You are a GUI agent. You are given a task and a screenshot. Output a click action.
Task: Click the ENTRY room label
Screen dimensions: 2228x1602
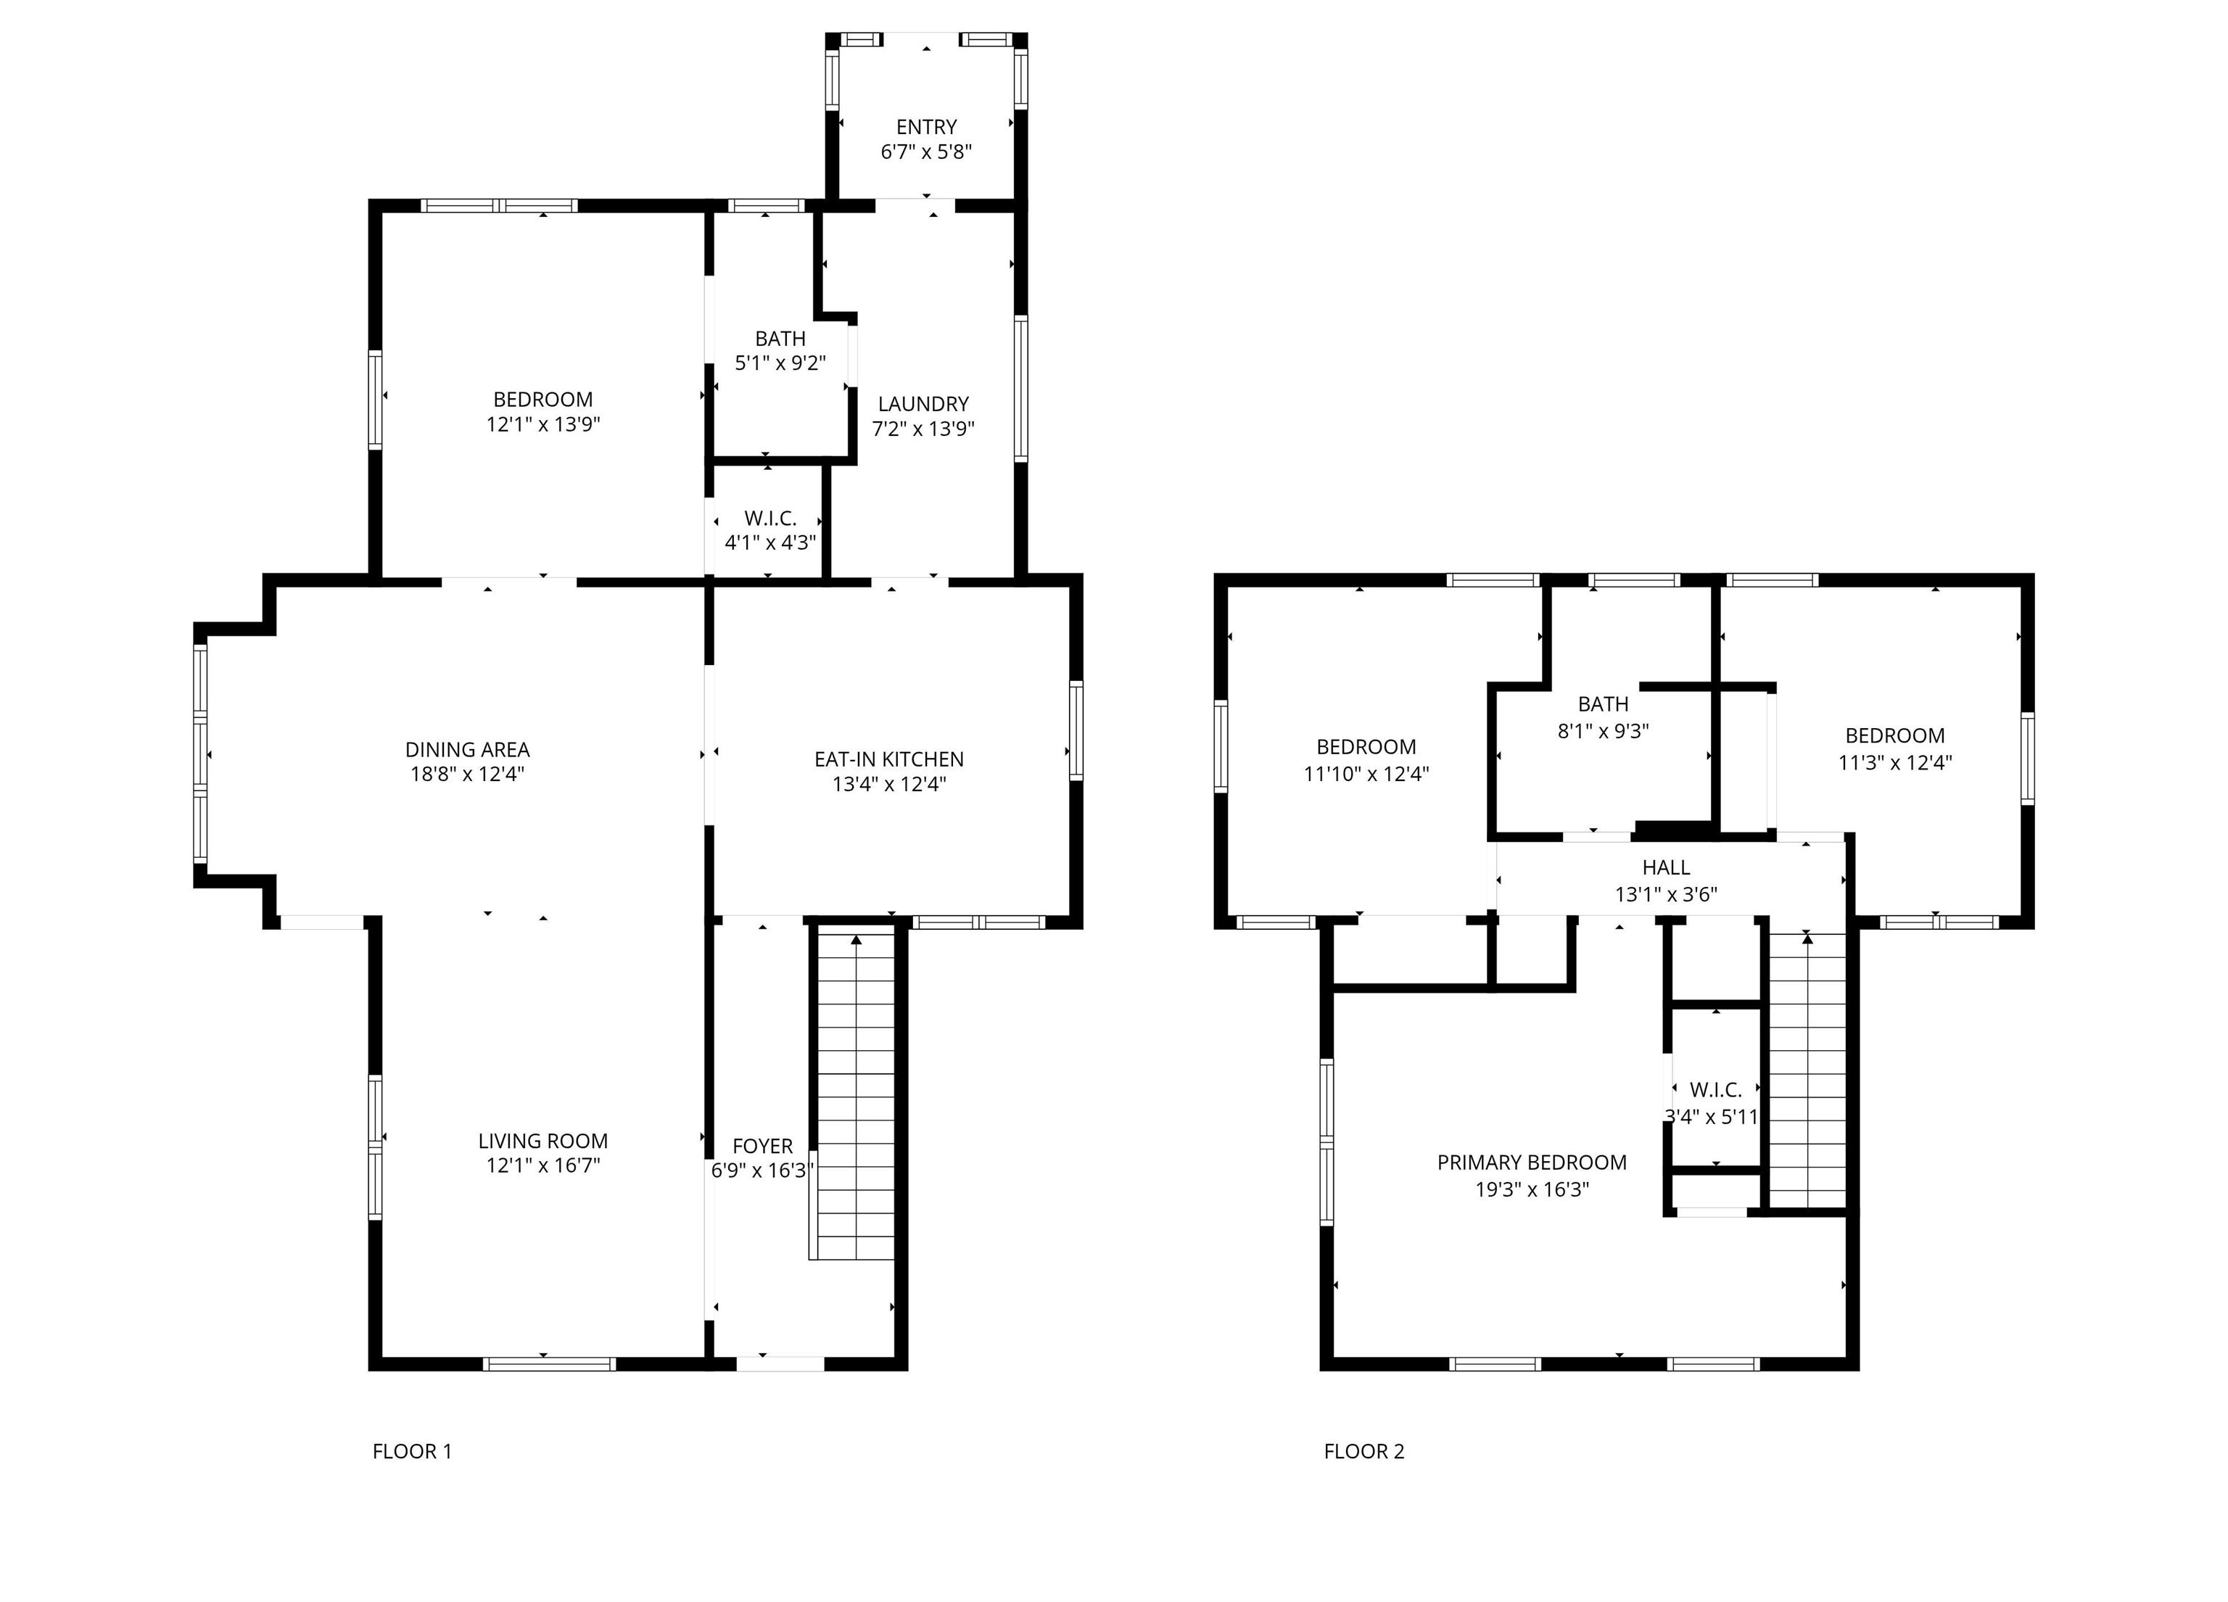click(x=925, y=127)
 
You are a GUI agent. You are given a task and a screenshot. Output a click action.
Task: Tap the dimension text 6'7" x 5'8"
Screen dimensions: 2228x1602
click(x=925, y=152)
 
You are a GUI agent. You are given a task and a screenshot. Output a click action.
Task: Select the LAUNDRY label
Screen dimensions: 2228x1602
click(x=923, y=404)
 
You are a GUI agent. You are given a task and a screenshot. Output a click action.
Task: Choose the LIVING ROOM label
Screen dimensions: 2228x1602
click(x=542, y=1140)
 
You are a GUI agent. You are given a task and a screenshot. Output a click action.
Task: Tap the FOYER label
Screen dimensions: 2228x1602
click(x=762, y=1147)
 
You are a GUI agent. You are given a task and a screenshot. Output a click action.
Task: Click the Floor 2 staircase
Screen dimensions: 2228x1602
click(x=1807, y=1070)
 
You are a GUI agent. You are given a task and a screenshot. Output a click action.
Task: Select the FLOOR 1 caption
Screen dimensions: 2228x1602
click(x=412, y=1450)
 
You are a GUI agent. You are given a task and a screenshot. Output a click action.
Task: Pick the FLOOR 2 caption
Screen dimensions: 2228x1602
click(x=1363, y=1450)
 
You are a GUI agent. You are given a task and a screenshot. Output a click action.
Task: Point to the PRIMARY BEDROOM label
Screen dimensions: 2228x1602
click(x=1532, y=1162)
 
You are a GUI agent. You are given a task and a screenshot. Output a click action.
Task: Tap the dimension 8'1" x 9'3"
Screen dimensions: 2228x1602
click(x=1604, y=731)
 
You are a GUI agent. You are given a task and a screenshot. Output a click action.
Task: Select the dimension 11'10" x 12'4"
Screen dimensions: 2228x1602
click(x=1366, y=773)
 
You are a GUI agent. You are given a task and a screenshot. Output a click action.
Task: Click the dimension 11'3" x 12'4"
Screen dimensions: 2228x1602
click(x=1895, y=761)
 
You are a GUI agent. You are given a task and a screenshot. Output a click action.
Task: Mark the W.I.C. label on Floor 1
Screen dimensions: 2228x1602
click(x=770, y=518)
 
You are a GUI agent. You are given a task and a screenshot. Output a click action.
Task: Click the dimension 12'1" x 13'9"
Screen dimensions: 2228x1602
click(x=542, y=424)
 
